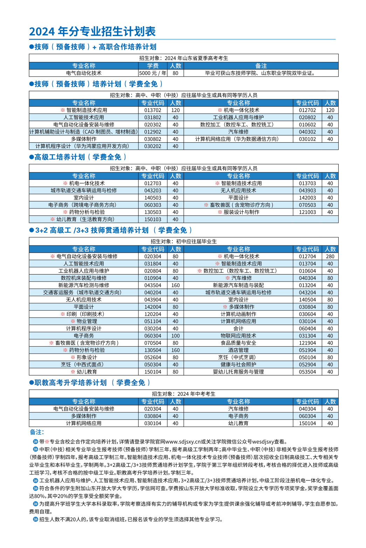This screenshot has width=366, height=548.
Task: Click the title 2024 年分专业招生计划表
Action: pos(92,31)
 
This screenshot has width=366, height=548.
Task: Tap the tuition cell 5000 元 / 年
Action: pos(153,73)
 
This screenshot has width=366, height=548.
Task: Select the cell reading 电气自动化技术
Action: pos(84,73)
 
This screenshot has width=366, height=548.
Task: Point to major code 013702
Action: pos(153,110)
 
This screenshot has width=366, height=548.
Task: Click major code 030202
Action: pos(153,146)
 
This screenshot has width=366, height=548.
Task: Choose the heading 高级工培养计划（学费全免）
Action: pos(80,157)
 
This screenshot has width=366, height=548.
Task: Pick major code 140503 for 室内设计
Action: pos(153,198)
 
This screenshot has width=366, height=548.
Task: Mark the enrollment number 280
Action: pos(330,256)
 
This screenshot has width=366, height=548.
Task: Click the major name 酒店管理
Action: pos(239,350)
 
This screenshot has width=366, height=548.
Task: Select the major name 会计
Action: pos(239,328)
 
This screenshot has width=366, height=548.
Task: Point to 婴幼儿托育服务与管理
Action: pos(239,372)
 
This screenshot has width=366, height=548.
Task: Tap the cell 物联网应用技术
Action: pos(239,336)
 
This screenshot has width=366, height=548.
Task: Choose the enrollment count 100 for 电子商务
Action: pos(175,336)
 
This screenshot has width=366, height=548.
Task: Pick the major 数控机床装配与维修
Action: pos(84,278)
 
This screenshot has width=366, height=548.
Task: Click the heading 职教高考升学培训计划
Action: pos(70,383)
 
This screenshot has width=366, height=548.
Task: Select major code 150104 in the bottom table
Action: pos(308,423)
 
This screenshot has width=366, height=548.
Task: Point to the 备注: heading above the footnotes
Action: pos(37,432)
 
